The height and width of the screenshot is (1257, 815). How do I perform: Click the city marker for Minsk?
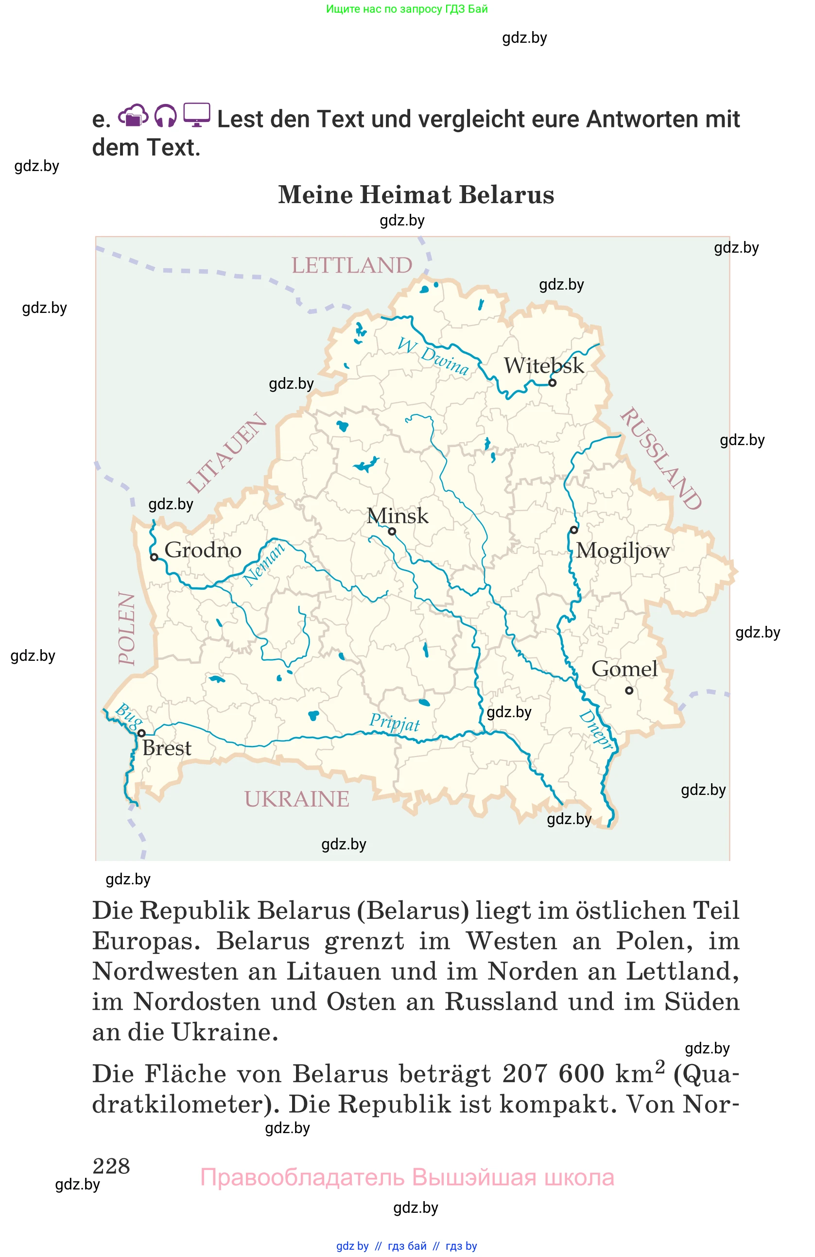pyautogui.click(x=392, y=531)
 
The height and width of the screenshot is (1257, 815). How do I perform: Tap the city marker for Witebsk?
pyautogui.click(x=552, y=383)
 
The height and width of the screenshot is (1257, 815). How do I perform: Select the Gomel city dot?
pyautogui.click(x=629, y=690)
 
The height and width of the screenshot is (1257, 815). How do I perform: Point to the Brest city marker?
pyautogui.click(x=141, y=734)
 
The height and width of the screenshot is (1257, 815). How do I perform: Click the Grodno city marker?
pyautogui.click(x=154, y=557)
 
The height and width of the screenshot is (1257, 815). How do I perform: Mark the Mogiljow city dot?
pyautogui.click(x=574, y=530)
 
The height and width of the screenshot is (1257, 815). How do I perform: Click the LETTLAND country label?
pyautogui.click(x=352, y=265)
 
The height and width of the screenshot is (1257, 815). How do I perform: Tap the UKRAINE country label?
pyautogui.click(x=296, y=799)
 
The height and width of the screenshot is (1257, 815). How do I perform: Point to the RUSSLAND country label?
pyautogui.click(x=661, y=458)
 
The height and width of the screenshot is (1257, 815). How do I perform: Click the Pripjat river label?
pyautogui.click(x=394, y=722)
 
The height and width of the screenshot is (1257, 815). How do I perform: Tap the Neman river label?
pyautogui.click(x=263, y=564)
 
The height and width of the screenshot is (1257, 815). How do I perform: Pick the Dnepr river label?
pyautogui.click(x=596, y=729)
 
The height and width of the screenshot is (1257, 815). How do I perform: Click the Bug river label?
pyautogui.click(x=128, y=715)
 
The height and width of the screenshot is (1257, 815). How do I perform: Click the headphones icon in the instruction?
pyautogui.click(x=165, y=116)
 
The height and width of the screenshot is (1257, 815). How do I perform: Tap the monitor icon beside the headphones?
pyautogui.click(x=196, y=115)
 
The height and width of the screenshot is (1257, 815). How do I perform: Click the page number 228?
pyautogui.click(x=111, y=1166)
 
